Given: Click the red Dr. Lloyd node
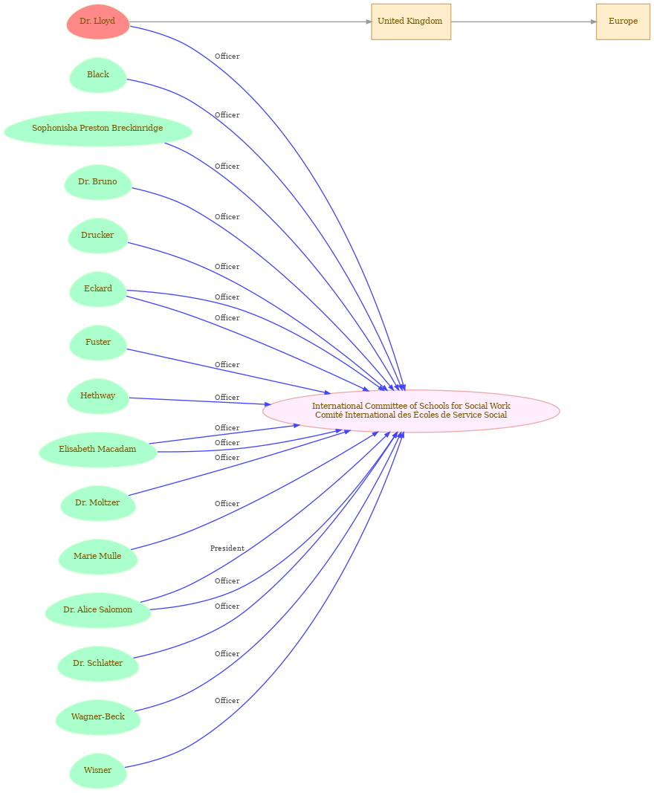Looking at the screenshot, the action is pos(98,22).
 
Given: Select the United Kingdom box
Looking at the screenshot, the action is pos(411,22).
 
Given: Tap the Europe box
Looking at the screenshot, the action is pos(623,22).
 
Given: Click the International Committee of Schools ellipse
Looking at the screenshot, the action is pos(411,411).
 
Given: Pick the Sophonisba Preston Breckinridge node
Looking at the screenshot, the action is pos(97,129).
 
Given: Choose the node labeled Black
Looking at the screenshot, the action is pos(98,75).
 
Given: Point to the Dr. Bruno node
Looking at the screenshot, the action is pos(97,182).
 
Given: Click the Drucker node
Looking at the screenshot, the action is pos(97,236).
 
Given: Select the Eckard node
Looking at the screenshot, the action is pos(98,289).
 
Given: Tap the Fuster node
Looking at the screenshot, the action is pos(98,343).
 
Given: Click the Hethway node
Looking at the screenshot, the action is pos(97,396).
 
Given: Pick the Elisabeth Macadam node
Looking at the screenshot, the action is pos(97,450).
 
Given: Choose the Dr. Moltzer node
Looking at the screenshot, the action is pos(97,503).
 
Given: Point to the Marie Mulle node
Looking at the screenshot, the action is pos(97,557).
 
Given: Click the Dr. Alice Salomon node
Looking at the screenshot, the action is pos(97,610).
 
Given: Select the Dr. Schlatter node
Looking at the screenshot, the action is pos(97,664).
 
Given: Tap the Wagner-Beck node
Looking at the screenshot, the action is pos(97,717).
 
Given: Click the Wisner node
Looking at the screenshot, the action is pos(97,771).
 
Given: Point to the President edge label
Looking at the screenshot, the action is pos(227,548).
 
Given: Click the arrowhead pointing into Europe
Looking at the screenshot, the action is pos(593,22).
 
